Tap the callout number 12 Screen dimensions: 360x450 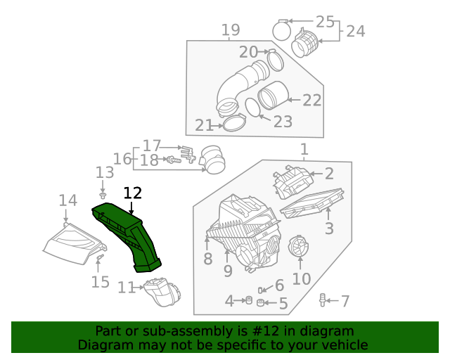tap(132, 193)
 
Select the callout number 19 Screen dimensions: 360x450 tap(231, 30)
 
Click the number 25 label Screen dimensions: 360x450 tap(325, 21)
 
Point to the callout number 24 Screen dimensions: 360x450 tap(356, 31)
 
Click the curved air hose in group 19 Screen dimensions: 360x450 tap(239, 84)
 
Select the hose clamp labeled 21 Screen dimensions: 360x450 tap(234, 124)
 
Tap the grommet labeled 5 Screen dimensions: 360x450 tap(262, 303)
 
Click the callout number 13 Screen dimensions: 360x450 tap(104, 172)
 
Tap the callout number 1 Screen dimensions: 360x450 tap(304, 149)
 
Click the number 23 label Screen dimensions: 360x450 tap(282, 122)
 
